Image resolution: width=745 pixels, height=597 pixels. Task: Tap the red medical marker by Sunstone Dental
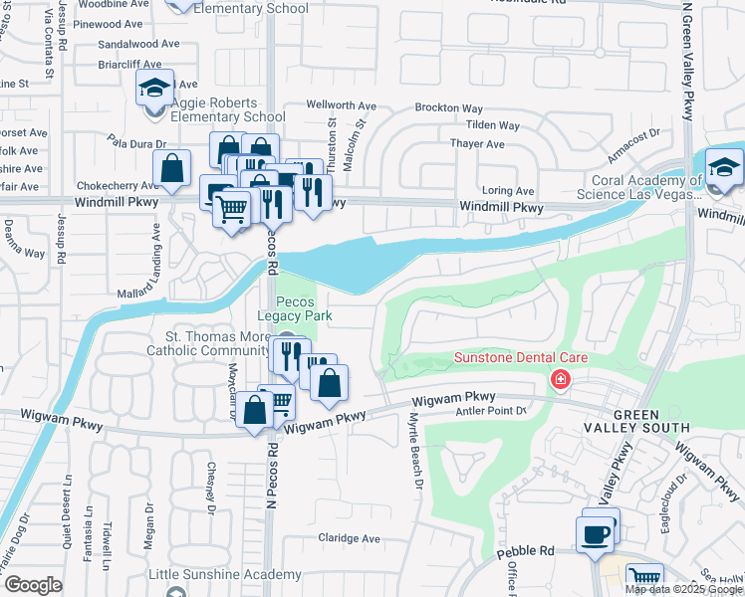(561, 380)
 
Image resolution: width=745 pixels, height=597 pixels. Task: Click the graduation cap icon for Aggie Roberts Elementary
(154, 89)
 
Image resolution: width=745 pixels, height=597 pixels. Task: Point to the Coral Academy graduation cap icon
(724, 168)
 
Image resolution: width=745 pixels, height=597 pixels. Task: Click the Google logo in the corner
(32, 585)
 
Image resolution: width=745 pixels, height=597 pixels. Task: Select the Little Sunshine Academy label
(225, 575)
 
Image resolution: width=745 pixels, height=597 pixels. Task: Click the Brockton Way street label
(449, 108)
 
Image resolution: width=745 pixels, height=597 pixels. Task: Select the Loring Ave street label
(508, 191)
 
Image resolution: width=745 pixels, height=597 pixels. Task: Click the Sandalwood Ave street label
(138, 45)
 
